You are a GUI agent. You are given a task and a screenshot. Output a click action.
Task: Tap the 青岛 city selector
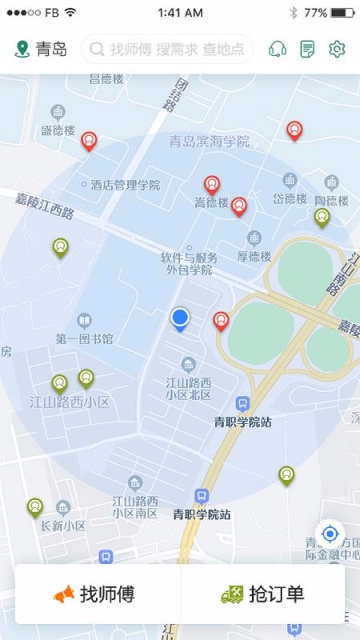[x=41, y=50]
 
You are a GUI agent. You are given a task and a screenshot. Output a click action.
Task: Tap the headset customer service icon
[x=278, y=50]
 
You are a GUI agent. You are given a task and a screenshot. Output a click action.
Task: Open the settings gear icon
[x=337, y=50]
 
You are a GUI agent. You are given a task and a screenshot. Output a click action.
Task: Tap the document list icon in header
[x=307, y=50]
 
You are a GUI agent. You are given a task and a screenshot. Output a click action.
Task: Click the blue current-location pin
[x=180, y=319]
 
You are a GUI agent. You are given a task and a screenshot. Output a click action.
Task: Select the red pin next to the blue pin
[x=222, y=321]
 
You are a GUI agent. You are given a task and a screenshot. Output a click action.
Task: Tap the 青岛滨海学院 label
[x=210, y=142]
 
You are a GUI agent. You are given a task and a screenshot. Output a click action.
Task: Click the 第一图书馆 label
[x=84, y=339]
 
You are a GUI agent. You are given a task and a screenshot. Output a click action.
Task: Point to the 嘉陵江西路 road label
[x=44, y=206]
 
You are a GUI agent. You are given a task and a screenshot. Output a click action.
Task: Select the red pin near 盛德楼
[x=90, y=141]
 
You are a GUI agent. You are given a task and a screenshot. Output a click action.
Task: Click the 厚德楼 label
[x=254, y=257]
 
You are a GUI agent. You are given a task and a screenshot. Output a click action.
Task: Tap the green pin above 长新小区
[x=35, y=506]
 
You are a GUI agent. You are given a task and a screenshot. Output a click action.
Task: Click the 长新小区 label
[x=63, y=526]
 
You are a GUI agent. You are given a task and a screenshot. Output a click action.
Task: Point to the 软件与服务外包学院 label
[x=189, y=264]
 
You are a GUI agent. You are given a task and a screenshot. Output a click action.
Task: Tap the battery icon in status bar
[x=342, y=13]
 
